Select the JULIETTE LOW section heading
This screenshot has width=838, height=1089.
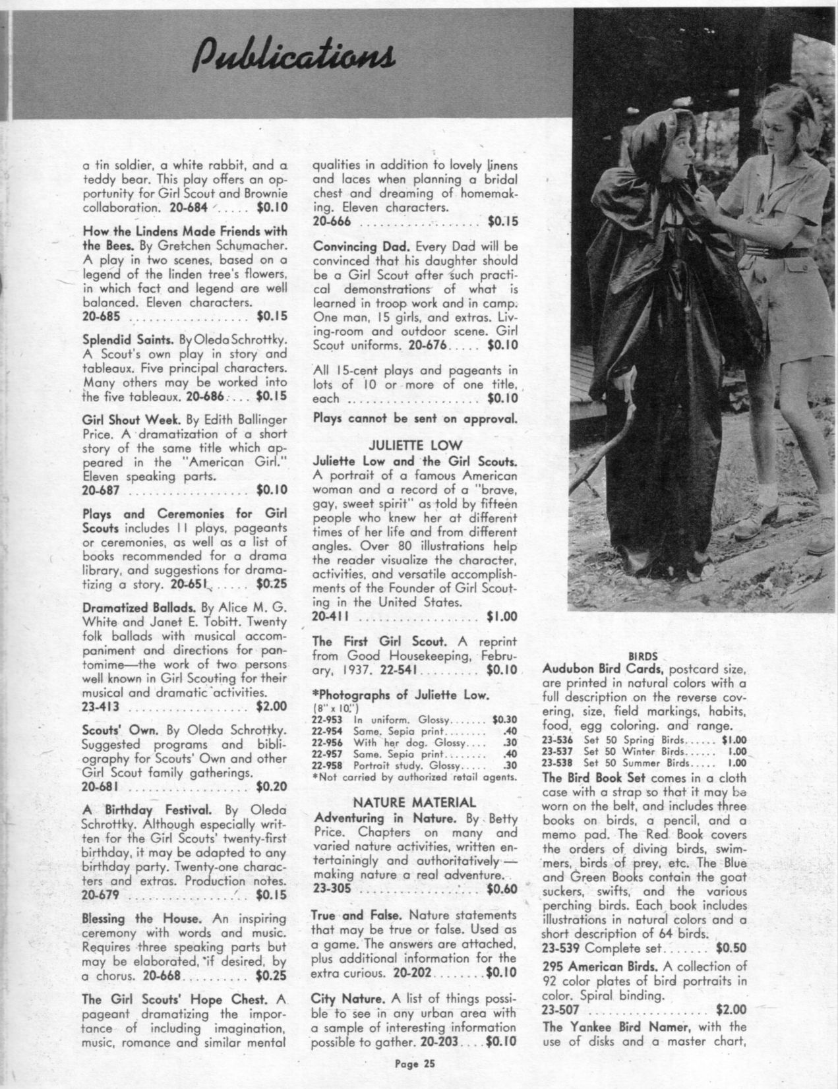(415, 444)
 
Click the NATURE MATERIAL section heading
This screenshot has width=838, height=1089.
(415, 802)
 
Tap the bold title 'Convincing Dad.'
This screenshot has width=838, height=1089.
(353, 247)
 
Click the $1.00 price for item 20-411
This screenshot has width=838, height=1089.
(502, 617)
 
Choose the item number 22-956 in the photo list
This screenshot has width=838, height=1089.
(326, 743)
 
